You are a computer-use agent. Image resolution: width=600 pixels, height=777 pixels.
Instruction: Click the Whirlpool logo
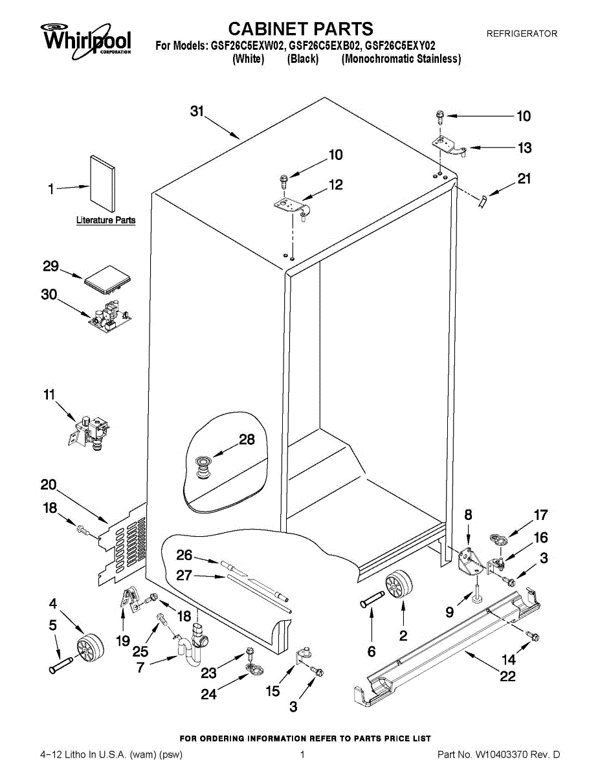pyautogui.click(x=86, y=40)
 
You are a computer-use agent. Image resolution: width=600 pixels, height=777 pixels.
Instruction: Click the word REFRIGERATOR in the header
pyautogui.click(x=522, y=34)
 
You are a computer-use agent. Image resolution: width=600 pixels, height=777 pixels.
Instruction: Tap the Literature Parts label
pyautogui.click(x=106, y=220)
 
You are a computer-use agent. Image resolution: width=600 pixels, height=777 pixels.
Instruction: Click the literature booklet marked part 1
pyautogui.click(x=103, y=184)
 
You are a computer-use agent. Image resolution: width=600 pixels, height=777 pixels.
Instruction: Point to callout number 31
pyautogui.click(x=197, y=111)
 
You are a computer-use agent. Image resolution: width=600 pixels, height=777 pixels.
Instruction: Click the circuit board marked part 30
pyautogui.click(x=109, y=317)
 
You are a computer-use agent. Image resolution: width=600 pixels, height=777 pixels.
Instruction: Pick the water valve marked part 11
pyautogui.click(x=89, y=433)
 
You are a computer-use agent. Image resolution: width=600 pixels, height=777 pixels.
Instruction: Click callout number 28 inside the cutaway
pyautogui.click(x=247, y=440)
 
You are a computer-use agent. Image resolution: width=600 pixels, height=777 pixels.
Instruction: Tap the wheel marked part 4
pyautogui.click(x=91, y=648)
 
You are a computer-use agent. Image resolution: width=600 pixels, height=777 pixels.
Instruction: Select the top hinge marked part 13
pyautogui.click(x=450, y=146)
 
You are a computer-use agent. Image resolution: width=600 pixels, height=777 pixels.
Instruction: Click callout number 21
pyautogui.click(x=524, y=179)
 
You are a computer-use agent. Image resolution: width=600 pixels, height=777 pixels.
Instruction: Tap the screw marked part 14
pyautogui.click(x=533, y=636)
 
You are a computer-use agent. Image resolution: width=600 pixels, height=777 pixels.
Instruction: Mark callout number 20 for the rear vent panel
pyautogui.click(x=49, y=485)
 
